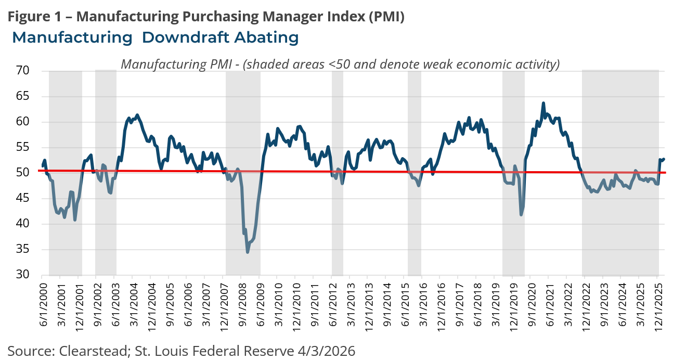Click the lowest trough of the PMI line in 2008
tap(248, 252)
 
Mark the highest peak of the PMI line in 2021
tap(543, 103)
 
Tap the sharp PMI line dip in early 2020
tap(521, 214)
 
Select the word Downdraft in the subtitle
tap(178, 38)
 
